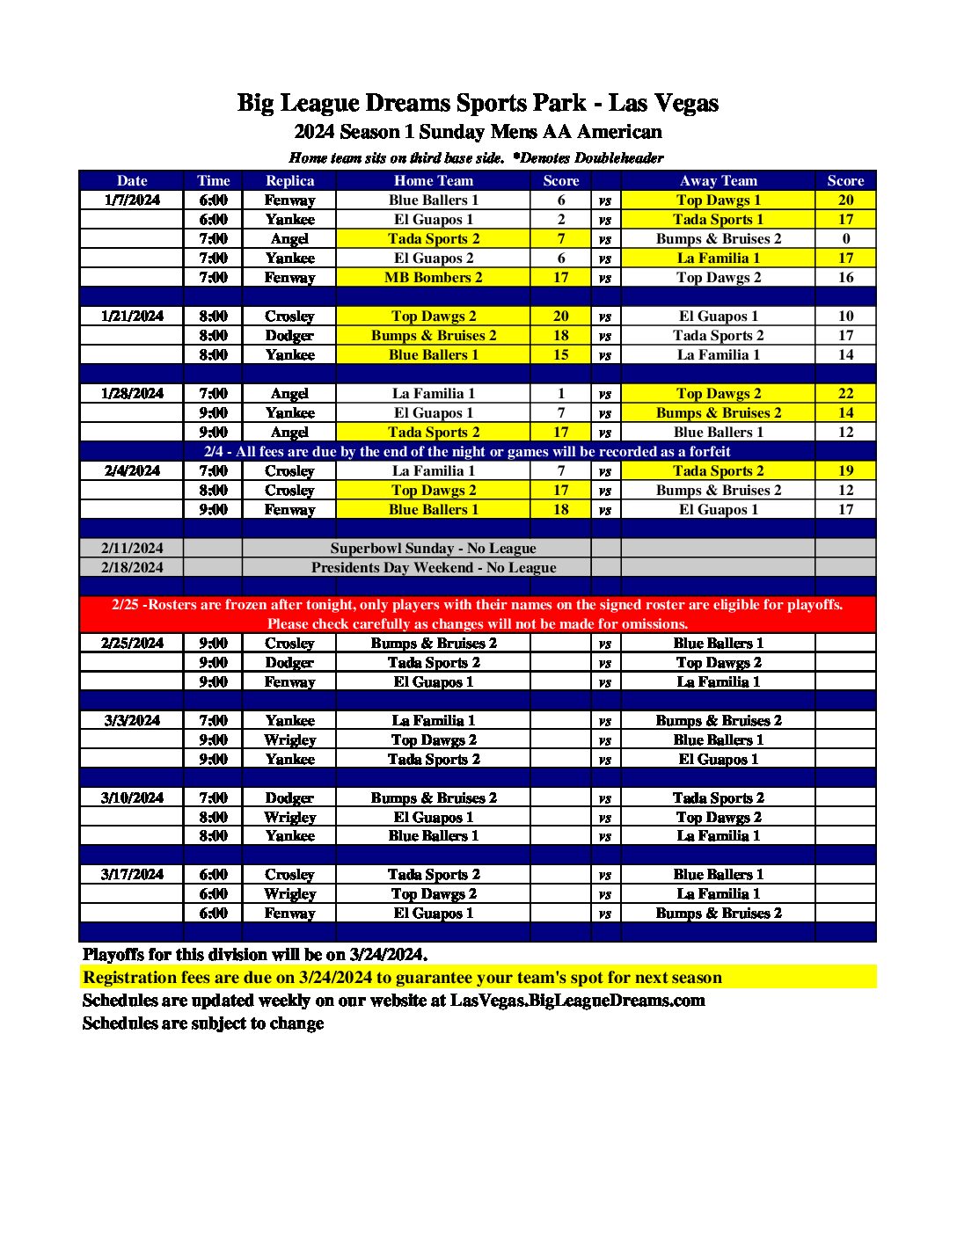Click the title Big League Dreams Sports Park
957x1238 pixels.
[x=478, y=103]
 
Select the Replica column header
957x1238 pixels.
[x=289, y=180]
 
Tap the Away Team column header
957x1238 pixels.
[x=718, y=180]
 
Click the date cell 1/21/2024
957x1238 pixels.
[x=132, y=316]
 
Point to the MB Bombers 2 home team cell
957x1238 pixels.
[x=433, y=277]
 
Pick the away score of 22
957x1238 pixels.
[x=845, y=393]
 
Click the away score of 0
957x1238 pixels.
[x=845, y=238]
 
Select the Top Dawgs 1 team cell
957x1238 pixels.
[x=718, y=200]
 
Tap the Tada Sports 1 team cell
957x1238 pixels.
[x=718, y=219]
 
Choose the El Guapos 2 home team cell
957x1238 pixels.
[x=433, y=258]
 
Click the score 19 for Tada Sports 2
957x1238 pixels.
[x=845, y=470]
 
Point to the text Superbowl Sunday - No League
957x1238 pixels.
[x=433, y=548]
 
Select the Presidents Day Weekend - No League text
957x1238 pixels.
[x=433, y=567]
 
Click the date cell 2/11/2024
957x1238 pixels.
[x=132, y=548]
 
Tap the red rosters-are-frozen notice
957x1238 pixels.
[x=478, y=614]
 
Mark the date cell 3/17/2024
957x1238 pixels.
[x=132, y=874]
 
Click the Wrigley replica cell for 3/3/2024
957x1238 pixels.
[x=289, y=739]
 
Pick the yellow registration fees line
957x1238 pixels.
[x=402, y=977]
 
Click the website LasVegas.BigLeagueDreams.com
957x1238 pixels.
[x=577, y=1000]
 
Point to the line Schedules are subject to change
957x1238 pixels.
[x=203, y=1023]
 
